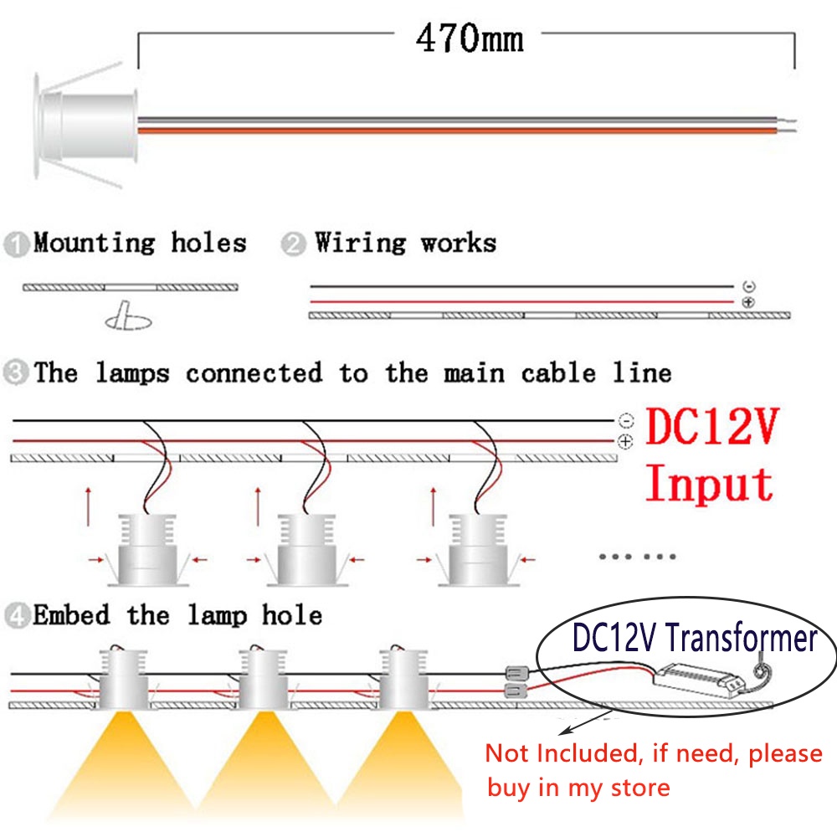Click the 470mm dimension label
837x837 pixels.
tap(470, 39)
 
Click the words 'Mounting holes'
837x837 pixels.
tap(140, 244)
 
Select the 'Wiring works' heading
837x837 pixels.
tap(405, 244)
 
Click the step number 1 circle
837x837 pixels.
tap(16, 246)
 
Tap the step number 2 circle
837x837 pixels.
tap(293, 246)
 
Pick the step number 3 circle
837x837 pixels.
tap(16, 373)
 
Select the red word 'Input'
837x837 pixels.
tap(710, 484)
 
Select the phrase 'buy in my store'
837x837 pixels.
tap(578, 788)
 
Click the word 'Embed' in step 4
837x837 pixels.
tap(71, 617)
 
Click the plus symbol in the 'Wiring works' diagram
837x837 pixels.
tap(748, 301)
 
